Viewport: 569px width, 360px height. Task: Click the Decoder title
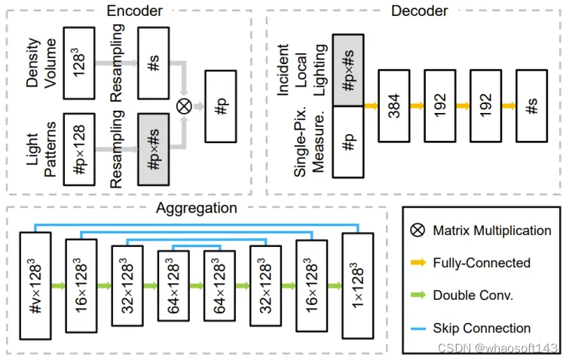pos(419,11)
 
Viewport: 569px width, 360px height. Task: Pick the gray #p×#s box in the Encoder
pos(153,149)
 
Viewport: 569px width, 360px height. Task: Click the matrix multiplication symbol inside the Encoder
pos(183,107)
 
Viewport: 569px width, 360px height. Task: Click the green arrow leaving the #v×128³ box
pos(59,287)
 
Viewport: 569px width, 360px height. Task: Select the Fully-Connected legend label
pos(482,263)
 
